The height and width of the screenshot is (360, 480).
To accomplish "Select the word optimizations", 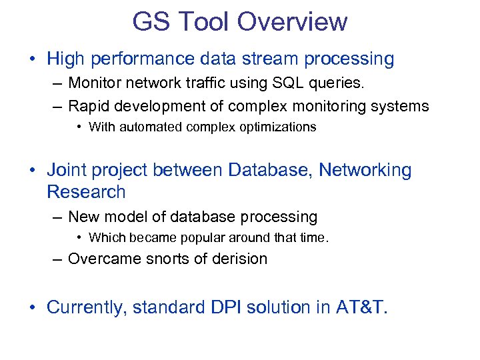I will pyautogui.click(x=279, y=127).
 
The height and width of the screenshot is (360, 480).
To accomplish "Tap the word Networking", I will pyautogui.click(x=365, y=170).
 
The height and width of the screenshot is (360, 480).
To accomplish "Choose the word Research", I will pyautogui.click(x=86, y=192).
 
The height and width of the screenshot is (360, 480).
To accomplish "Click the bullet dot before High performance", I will pyautogui.click(x=33, y=59).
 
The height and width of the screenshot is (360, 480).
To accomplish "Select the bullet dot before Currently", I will pyautogui.click(x=33, y=308).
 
